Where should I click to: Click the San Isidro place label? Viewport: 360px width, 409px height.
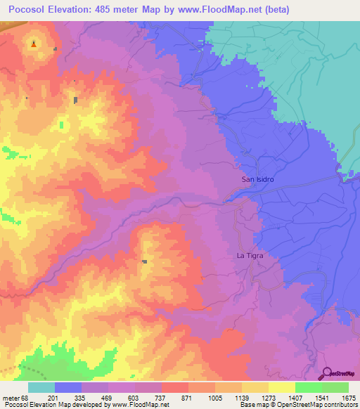(x=257, y=179)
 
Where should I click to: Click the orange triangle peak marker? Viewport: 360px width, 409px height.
(x=34, y=44)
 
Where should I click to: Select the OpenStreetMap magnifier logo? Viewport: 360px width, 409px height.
(x=328, y=373)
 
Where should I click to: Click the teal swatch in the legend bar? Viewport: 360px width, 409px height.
(x=41, y=387)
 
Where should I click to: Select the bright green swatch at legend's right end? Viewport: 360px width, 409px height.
(x=335, y=387)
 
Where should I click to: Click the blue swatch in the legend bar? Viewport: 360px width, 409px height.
(x=68, y=387)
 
